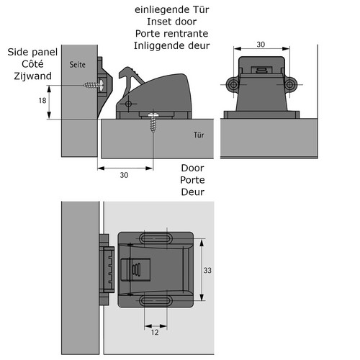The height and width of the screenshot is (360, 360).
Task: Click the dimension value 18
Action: tap(42, 100)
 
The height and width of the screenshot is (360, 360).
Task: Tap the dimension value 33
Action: tap(207, 270)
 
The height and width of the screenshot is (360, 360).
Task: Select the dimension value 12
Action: tap(155, 332)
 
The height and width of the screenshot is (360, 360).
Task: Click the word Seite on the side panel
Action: tap(77, 65)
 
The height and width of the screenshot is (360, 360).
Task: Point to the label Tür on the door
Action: tap(199, 135)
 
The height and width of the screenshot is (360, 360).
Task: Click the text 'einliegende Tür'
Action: tap(172, 10)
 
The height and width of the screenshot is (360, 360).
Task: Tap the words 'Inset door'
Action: tap(172, 22)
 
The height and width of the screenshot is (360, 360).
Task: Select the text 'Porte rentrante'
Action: tap(172, 34)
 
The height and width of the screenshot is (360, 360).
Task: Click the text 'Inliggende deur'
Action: tap(172, 45)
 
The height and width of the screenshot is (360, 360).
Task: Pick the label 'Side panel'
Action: tap(32, 52)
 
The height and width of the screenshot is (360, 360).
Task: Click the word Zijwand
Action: tap(32, 76)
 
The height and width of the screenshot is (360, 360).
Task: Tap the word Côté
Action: tap(32, 64)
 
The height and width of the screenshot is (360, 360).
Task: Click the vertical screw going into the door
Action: tap(153, 122)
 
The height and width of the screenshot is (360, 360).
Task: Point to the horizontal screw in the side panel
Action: tap(94, 84)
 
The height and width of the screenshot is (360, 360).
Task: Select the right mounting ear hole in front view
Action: tap(289, 84)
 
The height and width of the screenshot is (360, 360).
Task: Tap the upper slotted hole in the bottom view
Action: tap(156, 239)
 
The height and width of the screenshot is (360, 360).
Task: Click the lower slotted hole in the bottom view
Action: tap(156, 300)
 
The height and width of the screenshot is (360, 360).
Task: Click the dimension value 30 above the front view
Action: tap(261, 45)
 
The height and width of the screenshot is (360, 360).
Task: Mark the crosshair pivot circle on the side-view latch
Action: tap(128, 104)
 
